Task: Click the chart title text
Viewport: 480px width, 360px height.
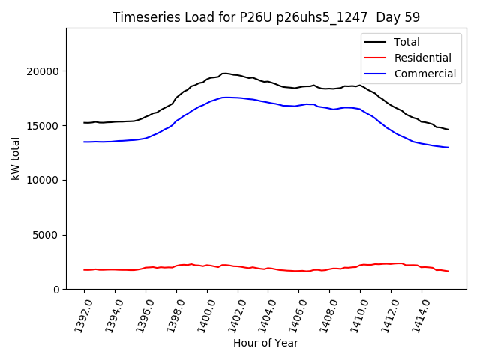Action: point(265,17)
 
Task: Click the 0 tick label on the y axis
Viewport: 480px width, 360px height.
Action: point(57,289)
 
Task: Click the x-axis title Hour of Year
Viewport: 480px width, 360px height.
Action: point(265,343)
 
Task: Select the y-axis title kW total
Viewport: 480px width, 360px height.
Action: point(15,159)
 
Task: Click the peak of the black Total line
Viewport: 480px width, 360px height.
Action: point(225,73)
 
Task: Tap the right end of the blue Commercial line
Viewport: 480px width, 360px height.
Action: point(448,147)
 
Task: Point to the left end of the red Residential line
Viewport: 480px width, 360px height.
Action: point(84,269)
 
